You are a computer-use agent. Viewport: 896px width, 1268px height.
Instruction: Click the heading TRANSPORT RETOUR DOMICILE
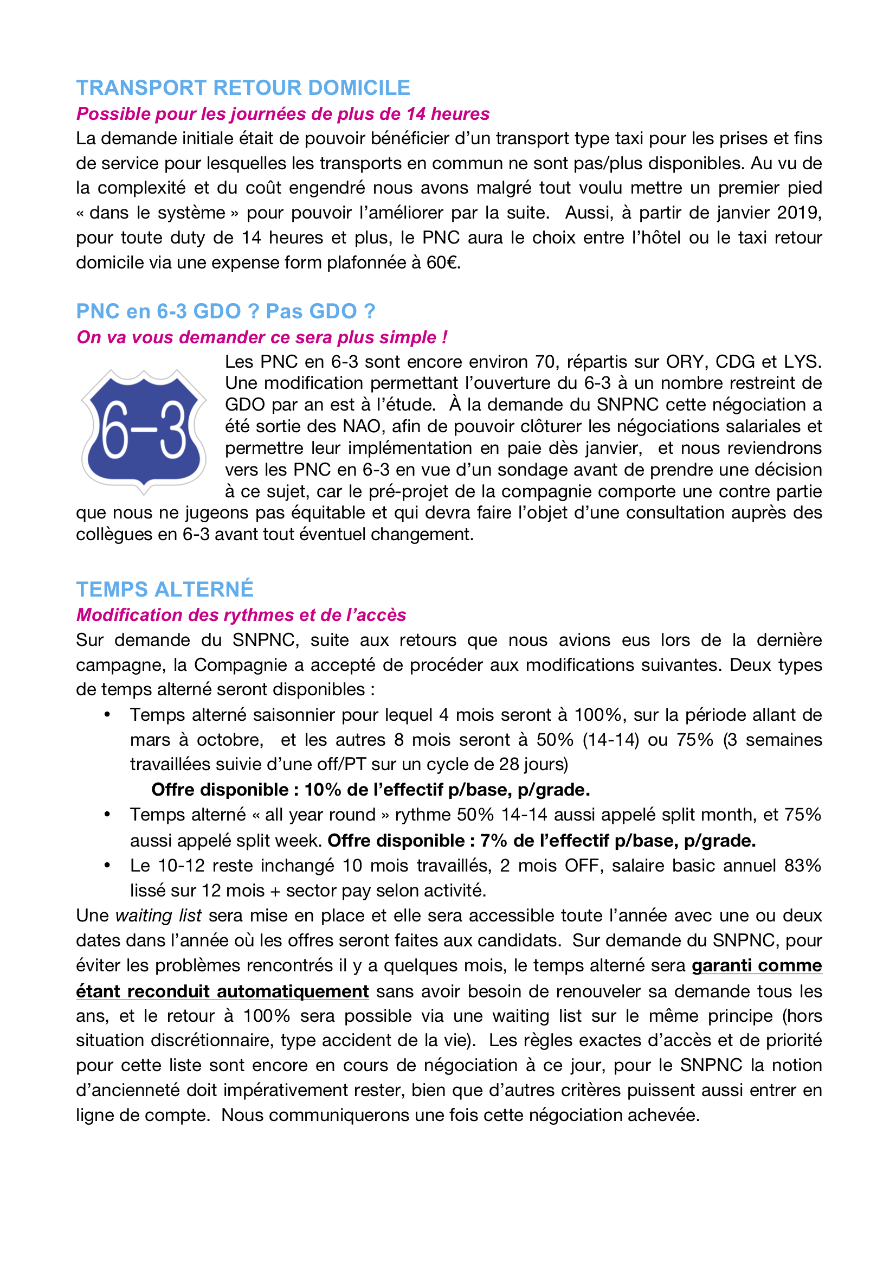tap(243, 88)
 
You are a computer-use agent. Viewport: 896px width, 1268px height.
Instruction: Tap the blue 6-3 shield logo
tap(144, 431)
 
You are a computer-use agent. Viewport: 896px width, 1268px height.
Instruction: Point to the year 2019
tap(799, 213)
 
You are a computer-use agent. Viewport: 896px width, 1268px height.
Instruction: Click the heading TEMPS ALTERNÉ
tap(165, 590)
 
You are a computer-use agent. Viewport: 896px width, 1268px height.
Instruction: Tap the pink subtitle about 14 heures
tap(282, 114)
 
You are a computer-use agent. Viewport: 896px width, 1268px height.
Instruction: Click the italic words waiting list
tap(158, 915)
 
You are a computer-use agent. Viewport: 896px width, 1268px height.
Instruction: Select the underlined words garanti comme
tap(756, 965)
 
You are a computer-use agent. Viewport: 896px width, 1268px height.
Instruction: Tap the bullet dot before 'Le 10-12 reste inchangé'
tap(107, 866)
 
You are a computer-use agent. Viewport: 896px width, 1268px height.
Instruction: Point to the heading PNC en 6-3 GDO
tap(225, 311)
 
